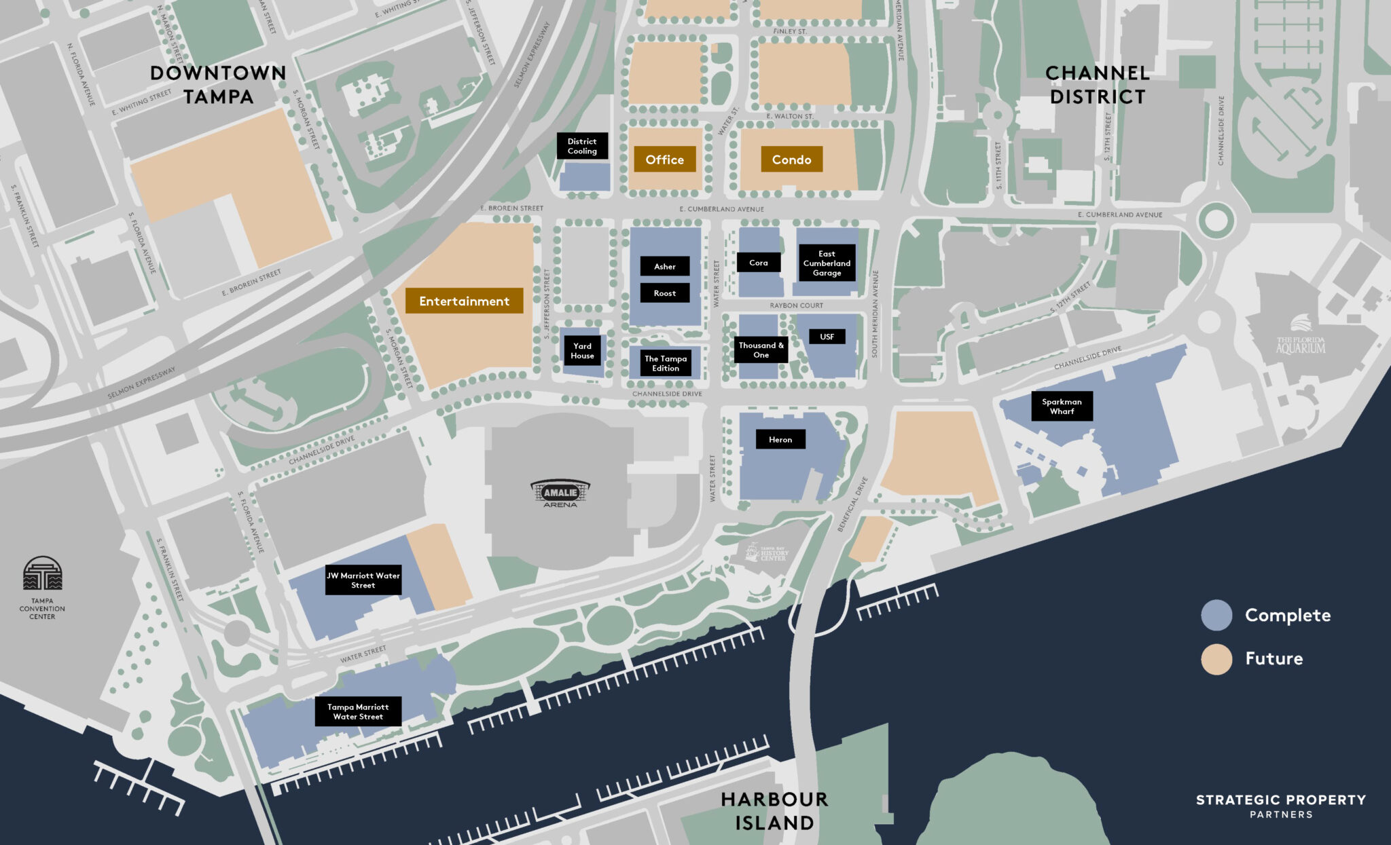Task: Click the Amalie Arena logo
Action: point(560,493)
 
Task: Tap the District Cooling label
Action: point(582,146)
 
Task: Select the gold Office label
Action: point(665,159)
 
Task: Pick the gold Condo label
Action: point(791,159)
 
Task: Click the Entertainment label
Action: point(464,301)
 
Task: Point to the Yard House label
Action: point(582,350)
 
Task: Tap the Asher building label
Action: point(665,266)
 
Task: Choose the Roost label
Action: point(665,293)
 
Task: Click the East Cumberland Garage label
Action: point(827,263)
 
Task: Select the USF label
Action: point(827,337)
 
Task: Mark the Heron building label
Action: point(780,439)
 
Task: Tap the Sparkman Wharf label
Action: point(1062,406)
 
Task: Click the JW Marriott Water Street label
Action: point(363,580)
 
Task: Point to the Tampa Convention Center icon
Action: point(42,574)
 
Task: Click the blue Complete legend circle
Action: point(1216,615)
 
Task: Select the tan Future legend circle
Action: point(1216,658)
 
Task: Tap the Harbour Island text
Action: point(774,810)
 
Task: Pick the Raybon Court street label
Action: point(796,305)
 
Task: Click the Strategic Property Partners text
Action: point(1281,805)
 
